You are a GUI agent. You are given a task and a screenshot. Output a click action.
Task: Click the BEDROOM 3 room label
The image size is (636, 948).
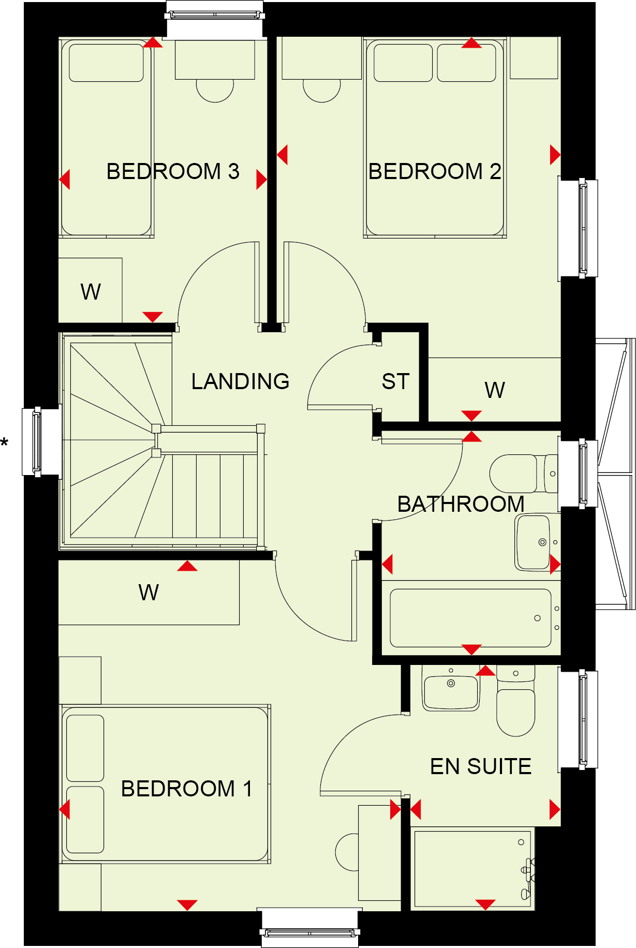click(x=173, y=171)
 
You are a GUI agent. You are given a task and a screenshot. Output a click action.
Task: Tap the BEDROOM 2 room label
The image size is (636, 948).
click(x=435, y=171)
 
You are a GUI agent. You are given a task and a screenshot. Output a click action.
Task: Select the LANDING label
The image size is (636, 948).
click(x=240, y=381)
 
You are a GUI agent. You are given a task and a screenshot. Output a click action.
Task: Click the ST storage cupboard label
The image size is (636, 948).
click(x=395, y=381)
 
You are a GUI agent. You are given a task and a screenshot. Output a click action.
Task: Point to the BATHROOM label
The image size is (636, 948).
click(x=461, y=504)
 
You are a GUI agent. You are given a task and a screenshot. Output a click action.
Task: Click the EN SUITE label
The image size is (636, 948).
click(x=481, y=766)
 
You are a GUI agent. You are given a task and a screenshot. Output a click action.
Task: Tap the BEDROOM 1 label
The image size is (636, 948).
click(x=186, y=789)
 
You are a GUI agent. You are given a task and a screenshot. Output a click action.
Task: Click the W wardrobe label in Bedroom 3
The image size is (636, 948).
click(x=91, y=292)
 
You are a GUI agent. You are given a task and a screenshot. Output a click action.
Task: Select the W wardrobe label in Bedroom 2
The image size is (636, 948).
click(x=495, y=390)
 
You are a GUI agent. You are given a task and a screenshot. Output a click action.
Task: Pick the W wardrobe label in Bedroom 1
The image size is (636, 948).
click(x=149, y=592)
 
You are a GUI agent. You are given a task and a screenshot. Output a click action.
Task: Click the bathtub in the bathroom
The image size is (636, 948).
click(x=470, y=618)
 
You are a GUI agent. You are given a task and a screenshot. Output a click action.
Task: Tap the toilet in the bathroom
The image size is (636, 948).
click(x=523, y=473)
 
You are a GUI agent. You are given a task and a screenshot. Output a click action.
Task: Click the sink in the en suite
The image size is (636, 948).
click(x=451, y=688)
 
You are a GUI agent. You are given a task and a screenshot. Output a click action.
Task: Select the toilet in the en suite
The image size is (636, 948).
click(x=515, y=701)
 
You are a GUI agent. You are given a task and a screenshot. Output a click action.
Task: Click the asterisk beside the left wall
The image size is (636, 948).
click(x=5, y=443)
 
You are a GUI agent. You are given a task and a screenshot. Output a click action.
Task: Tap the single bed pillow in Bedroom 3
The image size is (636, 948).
click(x=106, y=63)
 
